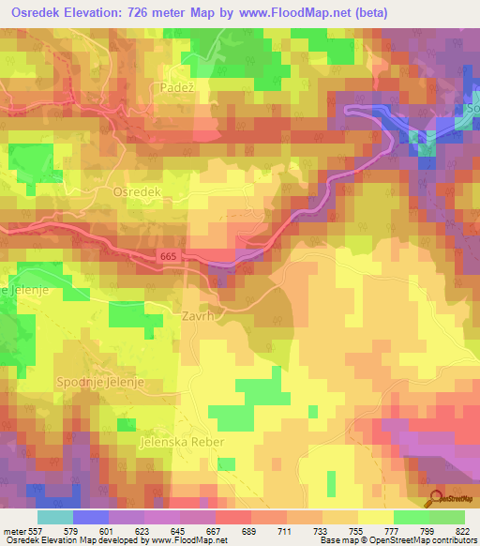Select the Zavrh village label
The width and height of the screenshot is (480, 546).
200,317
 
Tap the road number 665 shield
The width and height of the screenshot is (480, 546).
167,255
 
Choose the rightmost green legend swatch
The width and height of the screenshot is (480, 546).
447,517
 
